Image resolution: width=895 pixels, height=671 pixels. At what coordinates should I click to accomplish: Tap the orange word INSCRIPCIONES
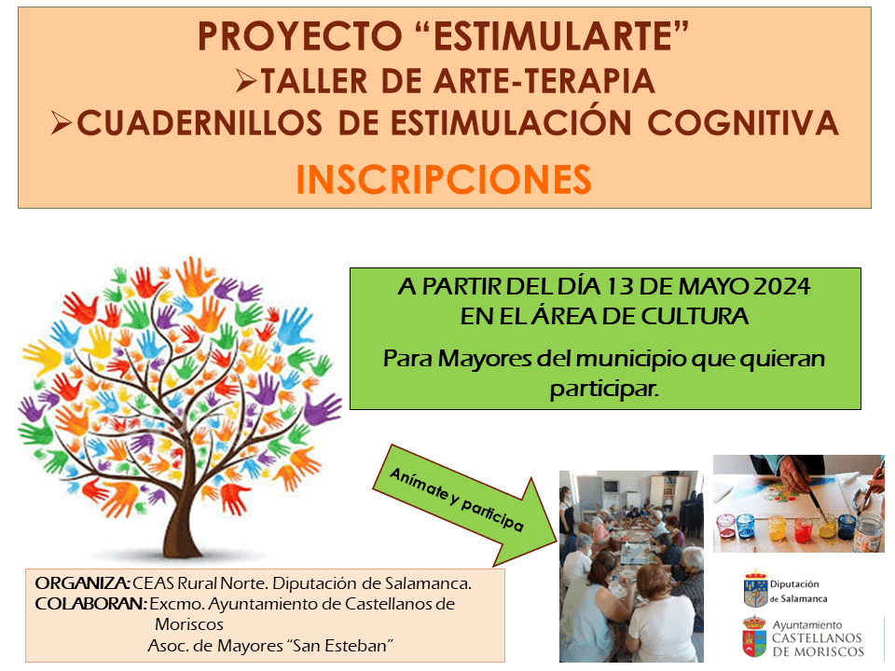click(444, 180)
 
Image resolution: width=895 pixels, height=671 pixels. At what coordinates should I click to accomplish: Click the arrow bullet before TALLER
click(246, 80)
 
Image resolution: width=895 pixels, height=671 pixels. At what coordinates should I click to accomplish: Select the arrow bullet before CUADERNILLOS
click(62, 123)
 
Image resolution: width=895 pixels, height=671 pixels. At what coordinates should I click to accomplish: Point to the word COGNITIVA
click(743, 123)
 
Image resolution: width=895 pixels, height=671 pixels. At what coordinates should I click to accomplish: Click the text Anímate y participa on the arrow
click(456, 499)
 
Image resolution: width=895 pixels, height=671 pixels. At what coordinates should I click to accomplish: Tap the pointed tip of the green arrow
click(556, 541)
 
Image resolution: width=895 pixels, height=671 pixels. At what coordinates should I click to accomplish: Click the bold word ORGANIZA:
click(83, 583)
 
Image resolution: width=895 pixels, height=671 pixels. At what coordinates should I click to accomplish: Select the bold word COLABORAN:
click(91, 604)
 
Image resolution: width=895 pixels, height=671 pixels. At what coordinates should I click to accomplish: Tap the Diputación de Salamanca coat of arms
click(756, 589)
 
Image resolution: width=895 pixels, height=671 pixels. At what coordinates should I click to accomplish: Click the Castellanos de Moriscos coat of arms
click(754, 637)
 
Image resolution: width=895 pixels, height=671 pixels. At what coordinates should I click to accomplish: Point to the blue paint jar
click(746, 527)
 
